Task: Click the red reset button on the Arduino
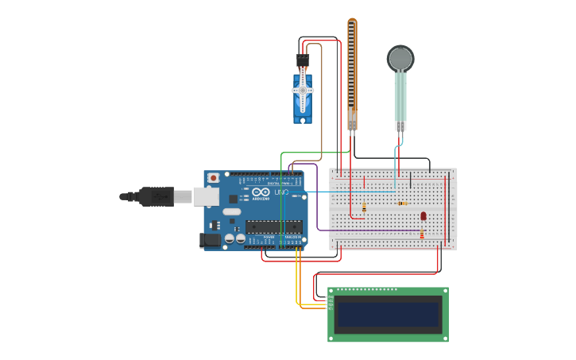pyautogui.click(x=213, y=177)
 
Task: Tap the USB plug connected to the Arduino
pyautogui.click(x=156, y=195)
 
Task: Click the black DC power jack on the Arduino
pyautogui.click(x=210, y=239)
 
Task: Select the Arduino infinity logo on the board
pyautogui.click(x=261, y=192)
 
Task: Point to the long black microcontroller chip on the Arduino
pyautogui.click(x=273, y=226)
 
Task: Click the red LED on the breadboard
pyautogui.click(x=423, y=215)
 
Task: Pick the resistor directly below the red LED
pyautogui.click(x=421, y=234)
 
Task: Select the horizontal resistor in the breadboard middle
pyautogui.click(x=402, y=203)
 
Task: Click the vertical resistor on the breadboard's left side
pyautogui.click(x=364, y=207)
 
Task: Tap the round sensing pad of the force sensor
pyautogui.click(x=400, y=58)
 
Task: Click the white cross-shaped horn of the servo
pyautogui.click(x=303, y=91)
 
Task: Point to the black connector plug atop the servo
pyautogui.click(x=303, y=60)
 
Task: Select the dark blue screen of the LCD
pyautogui.click(x=388, y=314)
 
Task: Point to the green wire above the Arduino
pyautogui.click(x=314, y=153)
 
